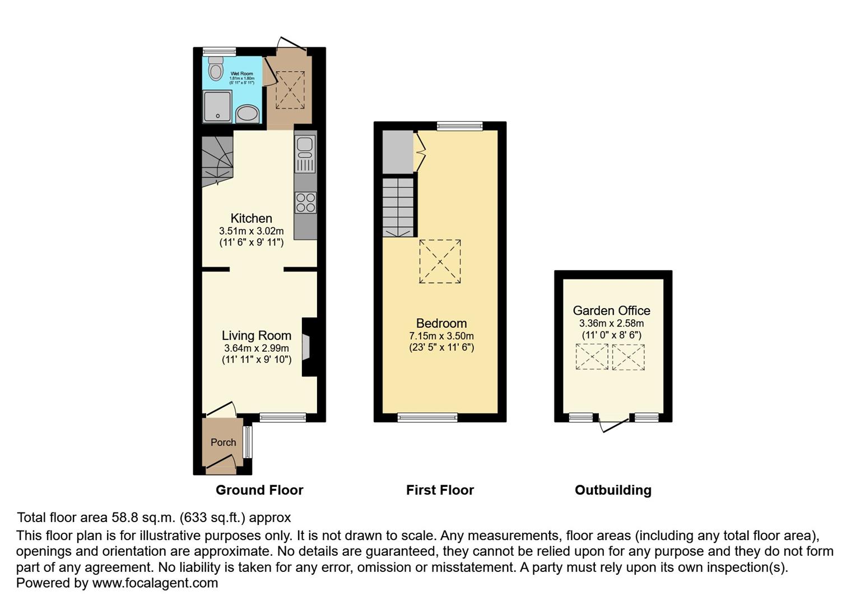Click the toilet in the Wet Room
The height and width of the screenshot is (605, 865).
215,69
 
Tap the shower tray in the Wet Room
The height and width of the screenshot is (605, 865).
217,106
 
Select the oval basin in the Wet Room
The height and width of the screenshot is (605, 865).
247,114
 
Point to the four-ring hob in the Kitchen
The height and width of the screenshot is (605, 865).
305,203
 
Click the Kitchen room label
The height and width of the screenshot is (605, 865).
252,218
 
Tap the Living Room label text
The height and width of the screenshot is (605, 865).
257,336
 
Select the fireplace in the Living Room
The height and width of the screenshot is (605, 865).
307,347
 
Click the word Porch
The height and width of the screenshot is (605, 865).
224,443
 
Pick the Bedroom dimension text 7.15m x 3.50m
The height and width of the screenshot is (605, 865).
441,336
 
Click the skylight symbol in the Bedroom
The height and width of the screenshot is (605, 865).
440,262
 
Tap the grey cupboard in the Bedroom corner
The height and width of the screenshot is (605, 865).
398,152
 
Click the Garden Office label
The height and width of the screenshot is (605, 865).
612,310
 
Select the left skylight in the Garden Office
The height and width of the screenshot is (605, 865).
592,357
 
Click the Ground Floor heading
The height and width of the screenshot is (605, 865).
259,490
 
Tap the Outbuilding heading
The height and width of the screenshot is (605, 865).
613,490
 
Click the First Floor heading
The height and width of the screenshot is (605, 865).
440,490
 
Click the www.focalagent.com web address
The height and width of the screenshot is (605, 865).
155,583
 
